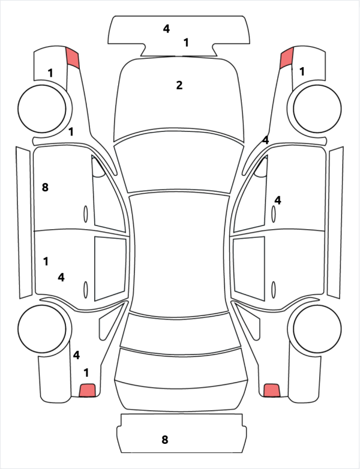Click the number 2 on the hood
click(x=179, y=85)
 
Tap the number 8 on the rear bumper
click(x=164, y=440)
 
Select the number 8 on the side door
click(x=45, y=188)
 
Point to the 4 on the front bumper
click(x=166, y=29)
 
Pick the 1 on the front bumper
click(x=186, y=43)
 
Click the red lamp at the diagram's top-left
click(x=73, y=58)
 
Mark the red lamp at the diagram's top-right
click(x=287, y=58)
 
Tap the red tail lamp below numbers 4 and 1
click(x=87, y=390)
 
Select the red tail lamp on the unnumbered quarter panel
click(x=272, y=390)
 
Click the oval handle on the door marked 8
click(x=86, y=214)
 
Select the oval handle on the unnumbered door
click(x=274, y=290)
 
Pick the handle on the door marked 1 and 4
click(x=86, y=290)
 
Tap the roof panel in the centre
click(x=179, y=254)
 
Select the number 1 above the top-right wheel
click(x=302, y=71)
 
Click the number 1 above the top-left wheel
click(x=50, y=73)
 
